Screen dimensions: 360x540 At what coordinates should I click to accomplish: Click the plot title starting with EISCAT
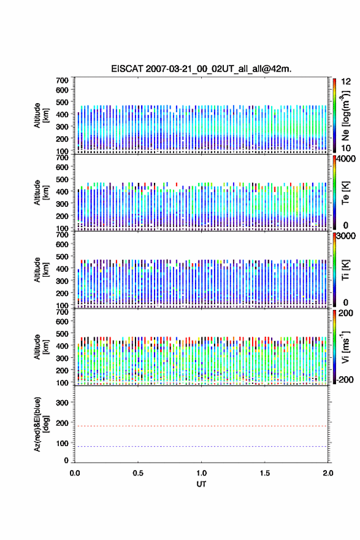coord(201,69)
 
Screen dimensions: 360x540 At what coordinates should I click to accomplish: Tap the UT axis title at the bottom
coord(201,484)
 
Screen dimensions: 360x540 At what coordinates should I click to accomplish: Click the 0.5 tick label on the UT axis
coord(138,473)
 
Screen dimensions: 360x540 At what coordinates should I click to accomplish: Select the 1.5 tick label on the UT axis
coord(265,473)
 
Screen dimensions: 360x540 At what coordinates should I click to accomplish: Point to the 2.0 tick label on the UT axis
coord(328,473)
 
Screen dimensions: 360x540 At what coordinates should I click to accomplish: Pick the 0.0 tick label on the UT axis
coord(75,473)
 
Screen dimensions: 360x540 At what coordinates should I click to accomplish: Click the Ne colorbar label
coord(345,116)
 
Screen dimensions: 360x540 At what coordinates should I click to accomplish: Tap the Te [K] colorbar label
coord(345,193)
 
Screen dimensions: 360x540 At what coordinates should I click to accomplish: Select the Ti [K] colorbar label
coord(345,269)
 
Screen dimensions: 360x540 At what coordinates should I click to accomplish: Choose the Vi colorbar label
coord(345,347)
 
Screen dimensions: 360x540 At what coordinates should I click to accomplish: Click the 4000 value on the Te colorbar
coord(346,159)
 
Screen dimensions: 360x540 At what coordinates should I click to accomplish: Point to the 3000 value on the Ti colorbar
coord(346,236)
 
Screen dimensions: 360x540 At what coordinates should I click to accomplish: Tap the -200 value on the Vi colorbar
coord(345,379)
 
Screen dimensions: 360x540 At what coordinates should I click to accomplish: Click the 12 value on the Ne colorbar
coord(346,82)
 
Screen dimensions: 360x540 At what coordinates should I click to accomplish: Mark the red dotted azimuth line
coord(201,426)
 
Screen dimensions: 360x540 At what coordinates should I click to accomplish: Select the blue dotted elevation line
coord(201,446)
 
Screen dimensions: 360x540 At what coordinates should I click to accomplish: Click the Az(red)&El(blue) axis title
coord(41,424)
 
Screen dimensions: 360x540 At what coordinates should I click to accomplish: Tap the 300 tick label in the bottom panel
coord(62,403)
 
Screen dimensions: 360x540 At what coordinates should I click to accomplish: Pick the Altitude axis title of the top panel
coord(41,115)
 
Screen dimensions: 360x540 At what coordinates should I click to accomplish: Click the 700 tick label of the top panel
coord(62,80)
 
